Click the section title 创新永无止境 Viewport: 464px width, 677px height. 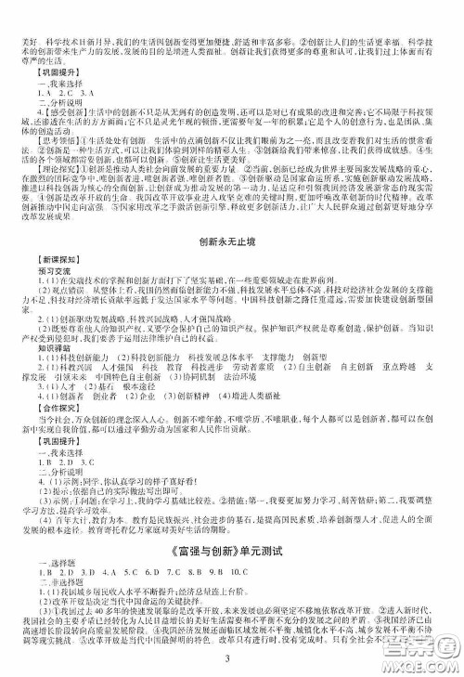232,242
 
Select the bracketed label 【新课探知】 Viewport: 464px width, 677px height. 51,272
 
